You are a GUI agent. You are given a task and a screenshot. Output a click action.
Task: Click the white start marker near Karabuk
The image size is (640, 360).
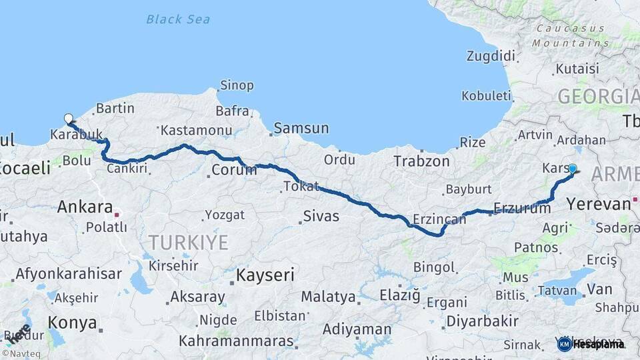tap(68, 119)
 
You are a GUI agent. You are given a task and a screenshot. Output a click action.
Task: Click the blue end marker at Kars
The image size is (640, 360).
tap(572, 169)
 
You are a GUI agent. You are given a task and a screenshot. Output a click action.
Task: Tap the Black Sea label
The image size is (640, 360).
tap(178, 19)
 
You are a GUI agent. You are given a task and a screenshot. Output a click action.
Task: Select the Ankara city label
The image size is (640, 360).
tap(84, 207)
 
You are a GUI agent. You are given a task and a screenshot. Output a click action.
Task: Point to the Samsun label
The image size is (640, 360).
tap(301, 128)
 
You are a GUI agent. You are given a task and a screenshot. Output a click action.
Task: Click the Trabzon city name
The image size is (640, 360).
tap(421, 161)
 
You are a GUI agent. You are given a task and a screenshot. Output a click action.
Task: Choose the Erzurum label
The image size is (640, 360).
tap(522, 208)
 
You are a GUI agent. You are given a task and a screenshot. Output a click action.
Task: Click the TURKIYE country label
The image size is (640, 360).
tap(188, 242)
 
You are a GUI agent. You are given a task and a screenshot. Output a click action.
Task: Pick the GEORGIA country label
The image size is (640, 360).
tap(597, 97)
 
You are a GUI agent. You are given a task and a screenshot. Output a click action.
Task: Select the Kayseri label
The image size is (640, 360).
tap(265, 275)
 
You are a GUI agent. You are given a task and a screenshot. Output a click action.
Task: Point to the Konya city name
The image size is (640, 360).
tap(73, 323)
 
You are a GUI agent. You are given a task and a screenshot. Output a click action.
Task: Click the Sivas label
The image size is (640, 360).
tap(321, 216)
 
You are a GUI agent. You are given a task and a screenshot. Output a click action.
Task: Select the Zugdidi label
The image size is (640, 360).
tap(491, 55)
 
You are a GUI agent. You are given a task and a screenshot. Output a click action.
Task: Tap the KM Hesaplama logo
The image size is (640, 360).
tap(590, 344)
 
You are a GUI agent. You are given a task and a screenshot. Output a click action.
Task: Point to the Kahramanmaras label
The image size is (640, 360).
tap(237, 341)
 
